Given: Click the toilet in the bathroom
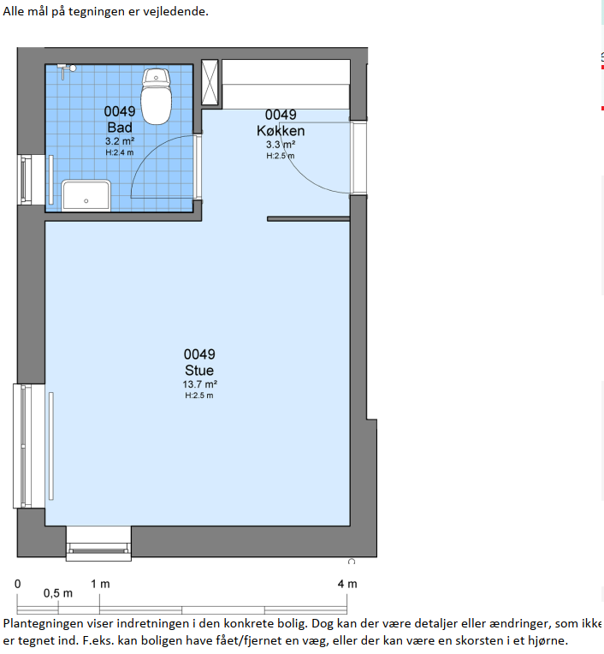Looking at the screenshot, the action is click(x=157, y=97).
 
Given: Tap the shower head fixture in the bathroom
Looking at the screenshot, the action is click(x=67, y=69).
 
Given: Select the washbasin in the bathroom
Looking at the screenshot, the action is click(x=86, y=195).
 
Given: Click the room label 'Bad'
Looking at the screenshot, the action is click(x=120, y=128).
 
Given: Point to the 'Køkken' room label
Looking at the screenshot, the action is click(x=281, y=131).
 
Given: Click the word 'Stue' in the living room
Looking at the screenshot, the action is click(x=199, y=371).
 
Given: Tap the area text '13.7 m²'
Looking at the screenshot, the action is click(x=199, y=384).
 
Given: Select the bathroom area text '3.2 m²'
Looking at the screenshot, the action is click(x=120, y=141).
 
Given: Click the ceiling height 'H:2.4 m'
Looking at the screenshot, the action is click(x=120, y=152).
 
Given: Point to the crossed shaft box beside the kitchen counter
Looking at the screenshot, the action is click(x=210, y=82).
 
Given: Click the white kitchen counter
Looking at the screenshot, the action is click(x=286, y=84).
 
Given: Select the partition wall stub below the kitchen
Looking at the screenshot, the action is click(x=308, y=218).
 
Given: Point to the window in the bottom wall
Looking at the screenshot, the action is click(x=98, y=544).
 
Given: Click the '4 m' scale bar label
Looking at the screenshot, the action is click(x=347, y=584).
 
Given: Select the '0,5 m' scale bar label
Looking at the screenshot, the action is click(x=58, y=593).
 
